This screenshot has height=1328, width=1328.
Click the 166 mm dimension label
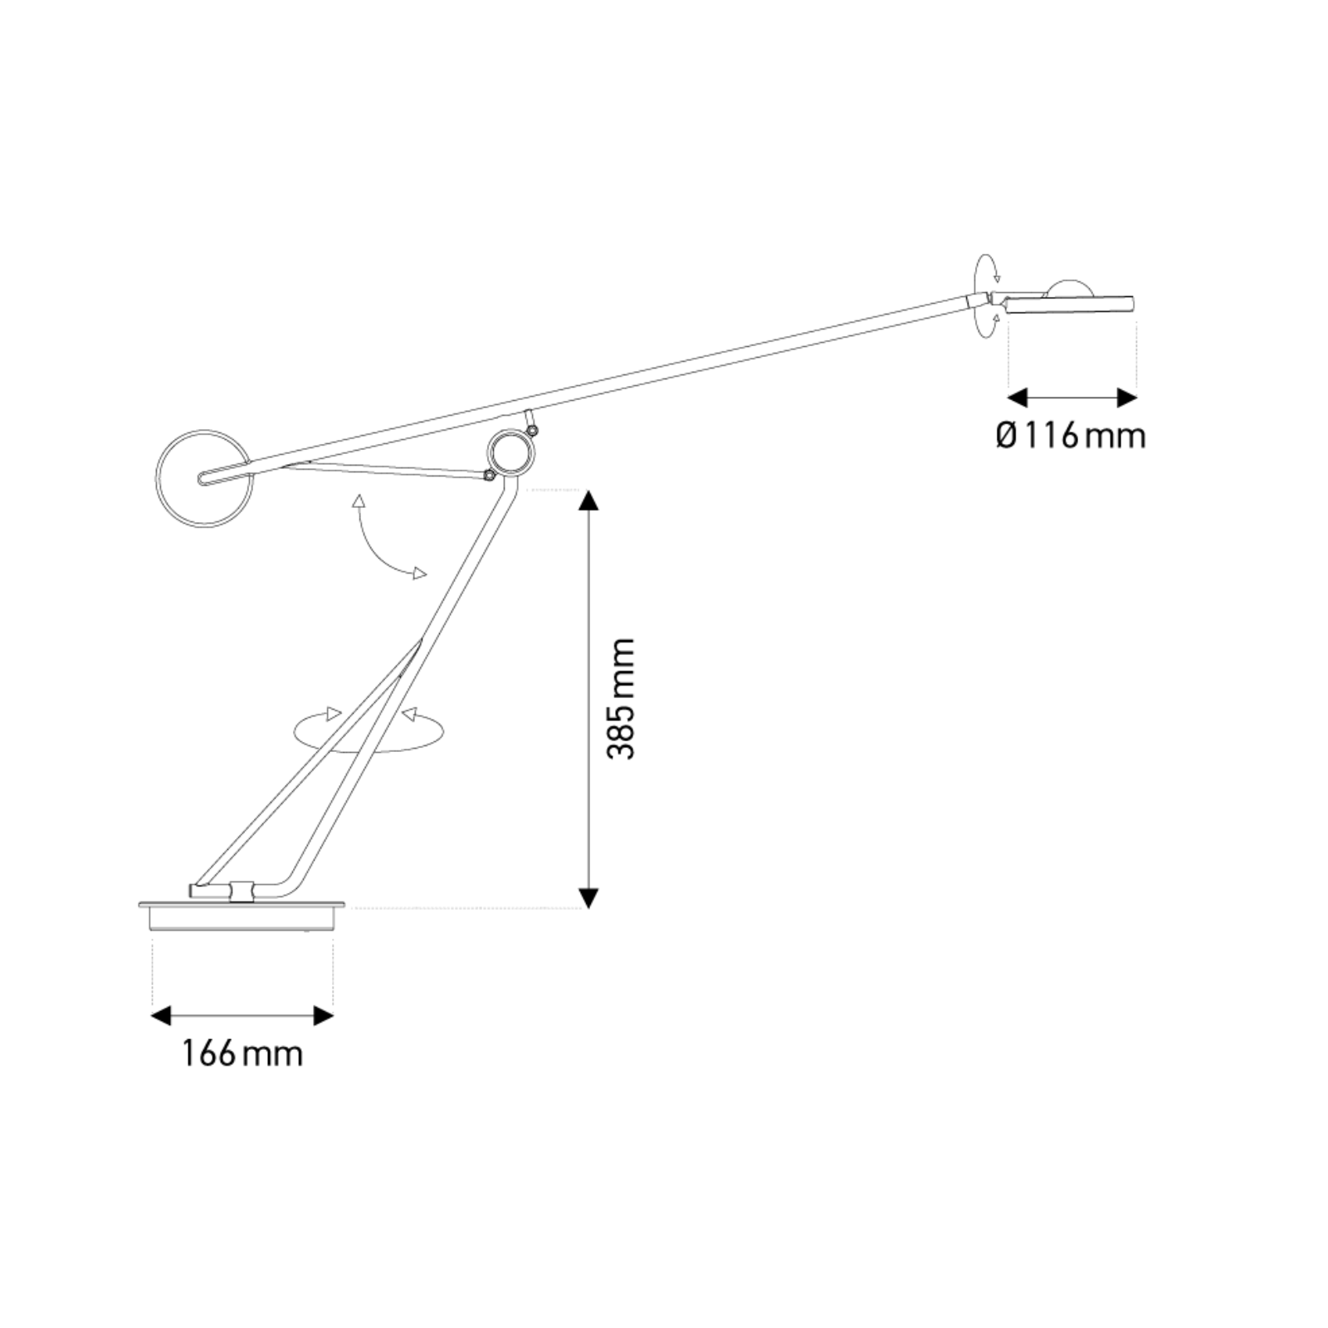(x=242, y=1054)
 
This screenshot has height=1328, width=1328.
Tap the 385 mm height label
(x=621, y=699)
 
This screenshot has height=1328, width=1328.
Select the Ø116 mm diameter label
(x=1071, y=435)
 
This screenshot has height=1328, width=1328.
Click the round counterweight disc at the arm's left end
(x=204, y=478)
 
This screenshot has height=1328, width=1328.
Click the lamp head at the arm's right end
(x=1071, y=303)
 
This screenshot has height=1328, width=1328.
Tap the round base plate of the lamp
(x=242, y=915)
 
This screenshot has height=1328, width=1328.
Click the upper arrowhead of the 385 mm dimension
(x=588, y=500)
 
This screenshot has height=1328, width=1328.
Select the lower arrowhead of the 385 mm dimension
(x=588, y=898)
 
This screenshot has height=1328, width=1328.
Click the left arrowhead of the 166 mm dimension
(x=163, y=1015)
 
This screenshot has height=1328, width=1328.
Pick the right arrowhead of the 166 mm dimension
(x=323, y=1015)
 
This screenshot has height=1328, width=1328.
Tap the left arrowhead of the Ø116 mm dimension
(x=1018, y=398)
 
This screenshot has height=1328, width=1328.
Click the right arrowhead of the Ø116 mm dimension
(x=1126, y=398)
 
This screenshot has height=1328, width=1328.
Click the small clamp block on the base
(x=242, y=891)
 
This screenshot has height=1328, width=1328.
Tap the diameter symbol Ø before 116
(x=1006, y=435)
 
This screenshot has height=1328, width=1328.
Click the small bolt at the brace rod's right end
(x=490, y=476)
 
